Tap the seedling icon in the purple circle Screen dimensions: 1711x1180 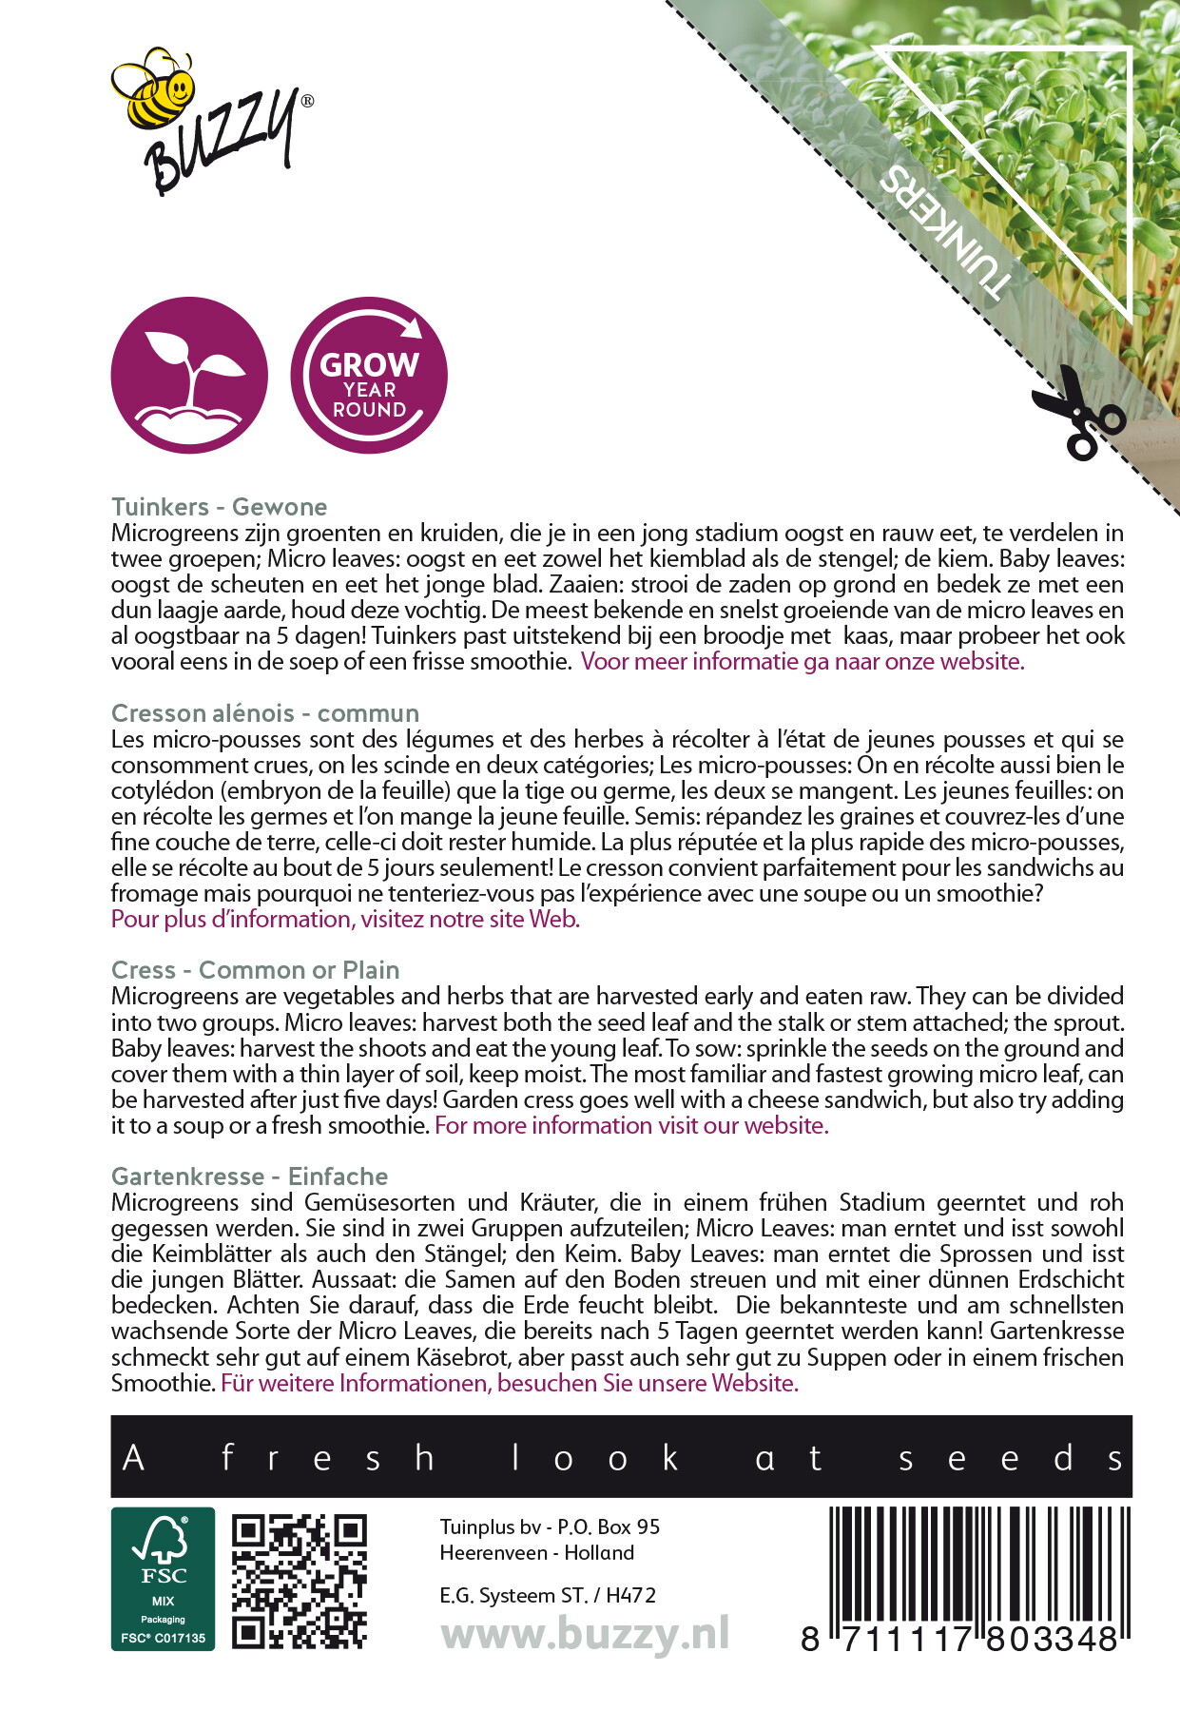click(x=189, y=375)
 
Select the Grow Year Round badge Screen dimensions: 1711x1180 click(x=369, y=375)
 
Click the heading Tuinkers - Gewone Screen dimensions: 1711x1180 click(x=219, y=507)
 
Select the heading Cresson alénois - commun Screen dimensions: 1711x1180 click(x=264, y=713)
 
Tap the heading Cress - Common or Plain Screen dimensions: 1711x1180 click(x=255, y=970)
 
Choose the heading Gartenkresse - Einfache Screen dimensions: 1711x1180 click(x=249, y=1176)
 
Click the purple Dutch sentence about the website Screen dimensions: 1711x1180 click(x=803, y=662)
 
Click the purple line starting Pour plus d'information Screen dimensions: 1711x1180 click(x=345, y=920)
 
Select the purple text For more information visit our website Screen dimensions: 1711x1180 click(x=631, y=1126)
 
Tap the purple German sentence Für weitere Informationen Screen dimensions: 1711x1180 click(x=510, y=1384)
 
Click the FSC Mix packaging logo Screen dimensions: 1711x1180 click(x=163, y=1579)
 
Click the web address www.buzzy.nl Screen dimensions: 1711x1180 click(x=585, y=1635)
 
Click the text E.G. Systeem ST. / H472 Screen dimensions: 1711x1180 click(x=548, y=1596)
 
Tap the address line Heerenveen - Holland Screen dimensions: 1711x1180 click(x=536, y=1553)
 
